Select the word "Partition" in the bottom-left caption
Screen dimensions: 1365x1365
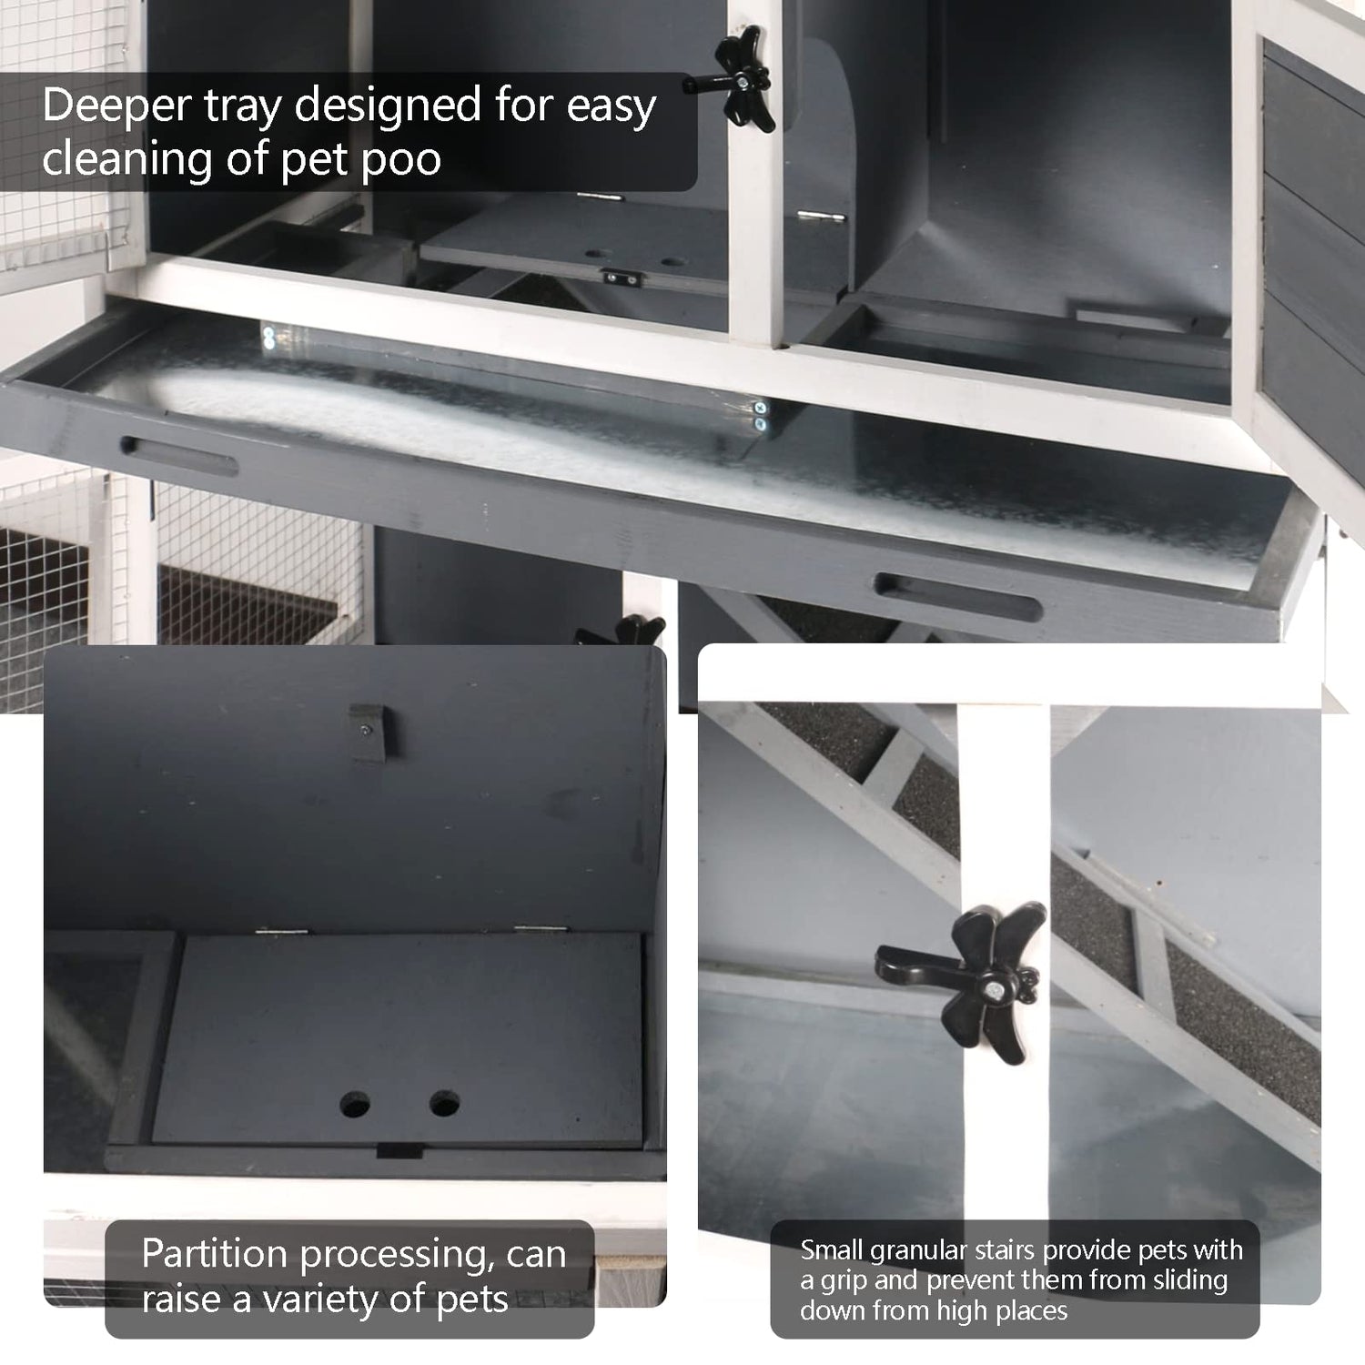pyautogui.click(x=214, y=1255)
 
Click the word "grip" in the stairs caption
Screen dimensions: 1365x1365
pyautogui.click(x=843, y=1282)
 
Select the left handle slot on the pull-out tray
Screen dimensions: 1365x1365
pyautogui.click(x=178, y=457)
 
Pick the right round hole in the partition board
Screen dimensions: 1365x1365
pyautogui.click(x=444, y=1105)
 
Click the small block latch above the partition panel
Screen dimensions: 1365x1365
pyautogui.click(x=368, y=733)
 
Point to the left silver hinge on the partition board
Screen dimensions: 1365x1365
pyautogui.click(x=281, y=932)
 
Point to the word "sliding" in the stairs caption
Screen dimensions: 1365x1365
pyautogui.click(x=1179, y=1282)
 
